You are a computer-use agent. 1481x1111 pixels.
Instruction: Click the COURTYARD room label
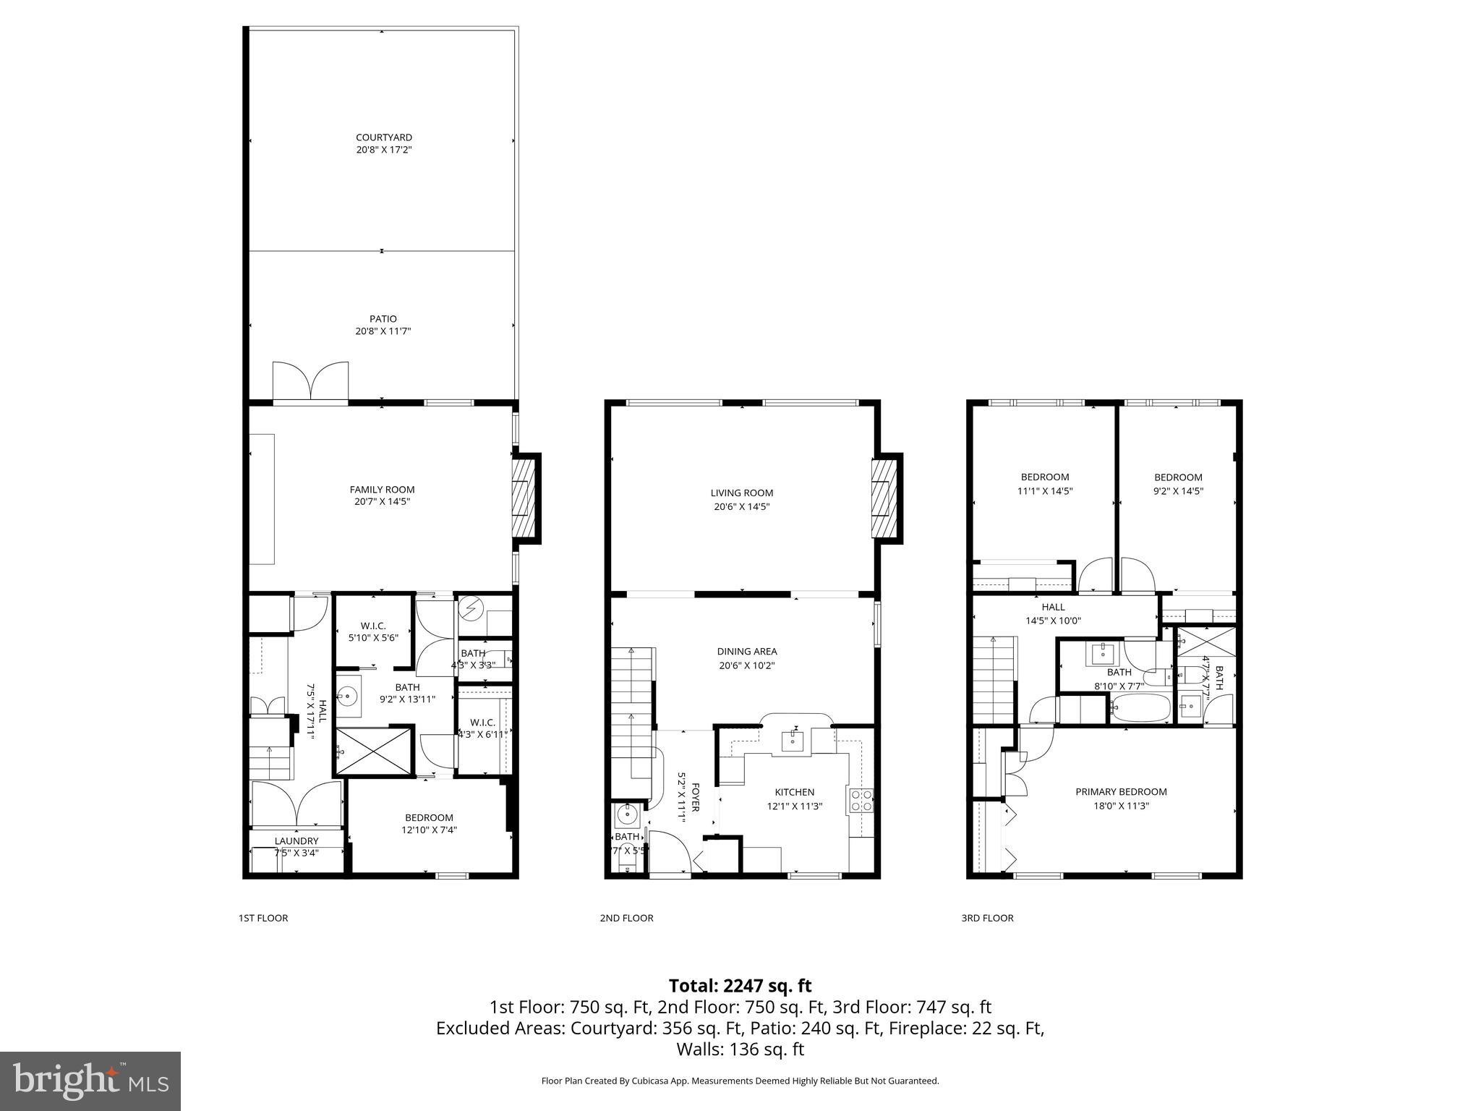coord(383,137)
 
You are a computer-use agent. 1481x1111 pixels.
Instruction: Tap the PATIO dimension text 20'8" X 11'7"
coord(383,331)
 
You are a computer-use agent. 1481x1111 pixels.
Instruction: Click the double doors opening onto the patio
coord(311,381)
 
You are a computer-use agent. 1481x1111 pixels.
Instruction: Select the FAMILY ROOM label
coord(382,490)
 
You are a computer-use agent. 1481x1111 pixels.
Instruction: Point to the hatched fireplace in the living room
coord(883,498)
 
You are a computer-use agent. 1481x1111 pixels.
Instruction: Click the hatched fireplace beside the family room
coord(521,498)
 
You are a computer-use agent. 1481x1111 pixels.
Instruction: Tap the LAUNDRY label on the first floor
coord(296,840)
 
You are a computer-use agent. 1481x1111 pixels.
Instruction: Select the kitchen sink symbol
coord(793,739)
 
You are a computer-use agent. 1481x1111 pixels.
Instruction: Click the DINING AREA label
coord(746,651)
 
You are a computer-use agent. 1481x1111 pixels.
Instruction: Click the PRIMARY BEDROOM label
coord(1121,791)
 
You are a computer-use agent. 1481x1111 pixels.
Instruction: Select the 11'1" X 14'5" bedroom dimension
coord(1045,490)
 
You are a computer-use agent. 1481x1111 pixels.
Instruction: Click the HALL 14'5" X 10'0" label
coord(1053,613)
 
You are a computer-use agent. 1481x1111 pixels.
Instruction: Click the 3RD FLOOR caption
coord(987,918)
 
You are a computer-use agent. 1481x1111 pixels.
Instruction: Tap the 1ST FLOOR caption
coord(263,918)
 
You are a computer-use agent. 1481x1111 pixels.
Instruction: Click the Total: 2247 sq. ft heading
coord(740,986)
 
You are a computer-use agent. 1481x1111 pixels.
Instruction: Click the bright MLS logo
coord(90,1081)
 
